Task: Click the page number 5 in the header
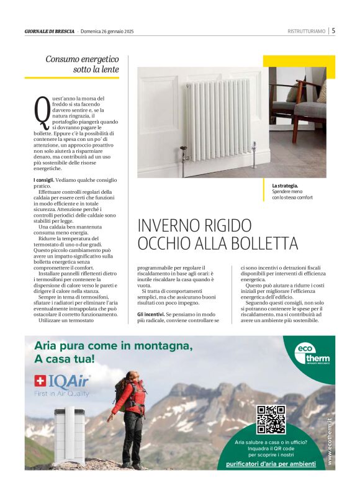pyautogui.click(x=333, y=30)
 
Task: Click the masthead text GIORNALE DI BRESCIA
pyautogui.click(x=50, y=31)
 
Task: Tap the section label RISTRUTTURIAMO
pyautogui.click(x=307, y=31)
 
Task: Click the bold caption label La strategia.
pyautogui.click(x=285, y=186)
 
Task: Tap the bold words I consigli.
pyautogui.click(x=43, y=180)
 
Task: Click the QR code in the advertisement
pyautogui.click(x=271, y=419)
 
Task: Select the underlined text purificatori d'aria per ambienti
pyautogui.click(x=271, y=464)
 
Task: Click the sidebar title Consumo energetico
pyautogui.click(x=82, y=59)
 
